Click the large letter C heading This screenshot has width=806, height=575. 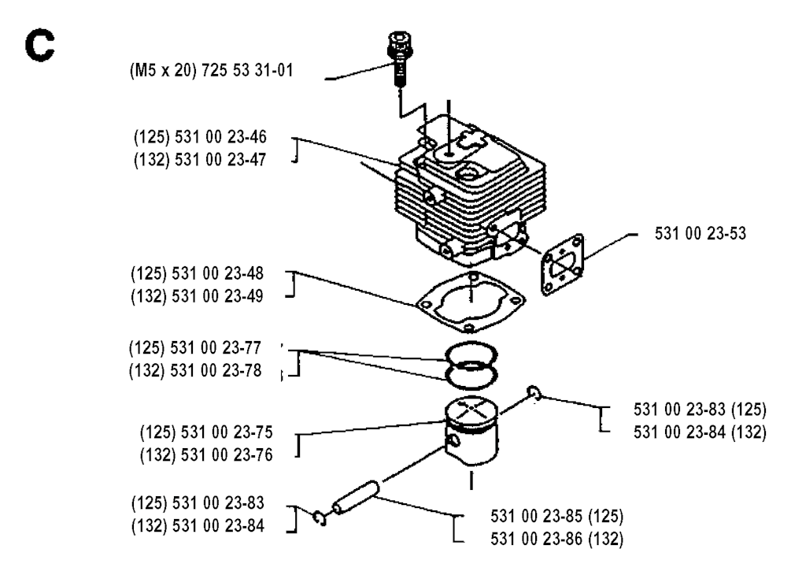click(x=39, y=46)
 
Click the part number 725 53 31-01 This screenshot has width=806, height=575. click(x=247, y=70)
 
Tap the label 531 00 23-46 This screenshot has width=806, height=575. click(x=220, y=137)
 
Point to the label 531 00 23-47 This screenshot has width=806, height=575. click(x=220, y=160)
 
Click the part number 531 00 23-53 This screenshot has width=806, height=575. click(x=700, y=233)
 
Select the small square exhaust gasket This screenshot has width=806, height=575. click(x=562, y=264)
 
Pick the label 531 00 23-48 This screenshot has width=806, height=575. click(x=217, y=273)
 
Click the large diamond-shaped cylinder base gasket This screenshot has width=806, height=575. click(x=471, y=303)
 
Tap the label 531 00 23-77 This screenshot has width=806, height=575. click(x=216, y=348)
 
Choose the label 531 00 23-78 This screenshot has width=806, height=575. click(x=216, y=371)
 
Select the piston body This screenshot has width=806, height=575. click(x=471, y=432)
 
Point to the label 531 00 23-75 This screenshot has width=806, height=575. click(x=227, y=432)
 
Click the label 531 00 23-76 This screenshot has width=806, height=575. click(x=227, y=455)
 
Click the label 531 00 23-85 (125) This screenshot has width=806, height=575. click(x=556, y=516)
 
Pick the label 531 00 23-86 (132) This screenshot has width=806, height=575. click(x=556, y=539)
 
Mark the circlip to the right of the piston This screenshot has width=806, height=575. click(x=533, y=394)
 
